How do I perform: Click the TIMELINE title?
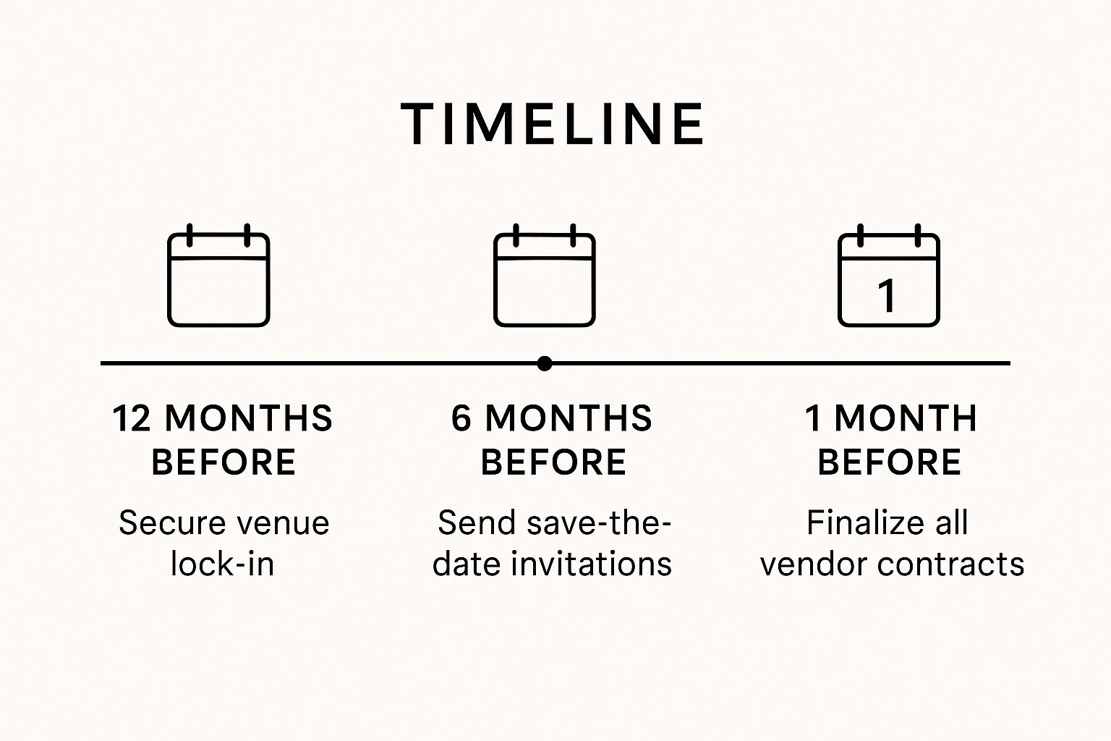(553, 124)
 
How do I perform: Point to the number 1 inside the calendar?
(887, 295)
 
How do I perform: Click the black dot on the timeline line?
(545, 363)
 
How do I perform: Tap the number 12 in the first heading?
(130, 418)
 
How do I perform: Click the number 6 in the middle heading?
(461, 418)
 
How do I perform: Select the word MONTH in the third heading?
(906, 418)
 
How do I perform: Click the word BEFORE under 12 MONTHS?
(224, 462)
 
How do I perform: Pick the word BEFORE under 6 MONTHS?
(553, 462)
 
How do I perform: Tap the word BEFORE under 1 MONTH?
(889, 462)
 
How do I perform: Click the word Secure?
(163, 522)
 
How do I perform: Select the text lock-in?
(223, 564)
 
